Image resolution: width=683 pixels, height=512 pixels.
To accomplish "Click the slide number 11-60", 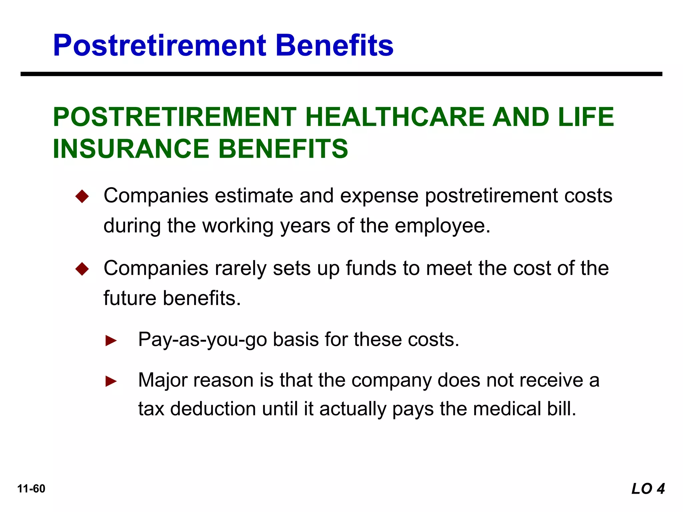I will click(31, 489).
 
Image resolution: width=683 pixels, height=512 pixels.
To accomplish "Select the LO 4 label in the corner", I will click(648, 489).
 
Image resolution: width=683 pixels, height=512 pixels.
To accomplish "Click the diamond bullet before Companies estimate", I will click(82, 196).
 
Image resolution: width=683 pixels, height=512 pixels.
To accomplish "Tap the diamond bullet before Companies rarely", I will click(82, 269).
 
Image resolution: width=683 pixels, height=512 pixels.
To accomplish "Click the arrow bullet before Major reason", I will click(111, 381).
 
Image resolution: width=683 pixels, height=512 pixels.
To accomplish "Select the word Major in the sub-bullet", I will click(163, 380).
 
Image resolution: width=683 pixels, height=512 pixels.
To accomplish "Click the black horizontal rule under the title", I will click(341, 74).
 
